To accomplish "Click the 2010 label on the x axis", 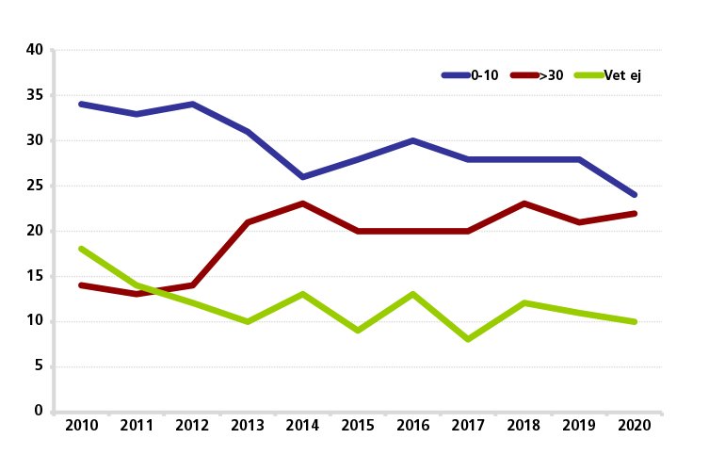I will pos(82,427).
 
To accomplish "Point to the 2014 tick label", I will pos(302,427).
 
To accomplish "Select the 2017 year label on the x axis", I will pos(468,427).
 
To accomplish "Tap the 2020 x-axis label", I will pos(634,427).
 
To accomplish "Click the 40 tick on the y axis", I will pos(35,51).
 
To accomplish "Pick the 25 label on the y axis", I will pos(35,187).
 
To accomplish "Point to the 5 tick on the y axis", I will pos(39,366).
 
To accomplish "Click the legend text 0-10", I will pos(485,75).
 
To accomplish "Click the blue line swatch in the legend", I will pos(456,75).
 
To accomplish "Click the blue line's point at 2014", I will pos(302,177).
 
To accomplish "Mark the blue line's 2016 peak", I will pos(412,140).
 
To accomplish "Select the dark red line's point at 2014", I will pos(302,203).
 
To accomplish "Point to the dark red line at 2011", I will pos(137,294).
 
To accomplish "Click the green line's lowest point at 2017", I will pos(468,339).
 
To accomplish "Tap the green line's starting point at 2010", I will pos(82,249).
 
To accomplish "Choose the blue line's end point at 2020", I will pos(634,195).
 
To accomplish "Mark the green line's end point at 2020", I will pos(634,321).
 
